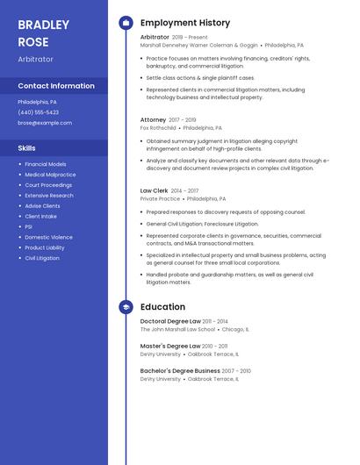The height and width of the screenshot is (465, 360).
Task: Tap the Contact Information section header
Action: pyautogui.click(x=56, y=86)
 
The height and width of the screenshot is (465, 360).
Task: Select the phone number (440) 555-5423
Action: pyautogui.click(x=39, y=112)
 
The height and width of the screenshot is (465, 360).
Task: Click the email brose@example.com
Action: pyautogui.click(x=45, y=123)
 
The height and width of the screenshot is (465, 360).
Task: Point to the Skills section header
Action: pyautogui.click(x=26, y=148)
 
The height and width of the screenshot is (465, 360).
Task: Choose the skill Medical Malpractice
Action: pyautogui.click(x=50, y=175)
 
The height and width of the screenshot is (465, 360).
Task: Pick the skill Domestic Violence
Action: pyautogui.click(x=49, y=237)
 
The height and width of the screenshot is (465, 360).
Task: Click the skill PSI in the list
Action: pyautogui.click(x=29, y=226)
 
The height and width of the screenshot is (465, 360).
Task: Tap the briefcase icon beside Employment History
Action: pyautogui.click(x=126, y=23)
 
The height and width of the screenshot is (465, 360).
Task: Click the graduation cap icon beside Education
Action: pyautogui.click(x=126, y=307)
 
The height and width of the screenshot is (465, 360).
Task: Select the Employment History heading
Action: pyautogui.click(x=185, y=23)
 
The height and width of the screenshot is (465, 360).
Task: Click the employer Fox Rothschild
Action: pyautogui.click(x=158, y=128)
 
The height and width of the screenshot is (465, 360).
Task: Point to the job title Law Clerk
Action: pyautogui.click(x=155, y=190)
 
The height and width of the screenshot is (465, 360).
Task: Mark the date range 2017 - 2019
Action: pyautogui.click(x=182, y=119)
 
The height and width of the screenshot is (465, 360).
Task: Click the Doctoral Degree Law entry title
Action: pyautogui.click(x=170, y=322)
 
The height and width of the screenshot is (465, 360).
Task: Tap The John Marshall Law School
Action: pyautogui.click(x=177, y=330)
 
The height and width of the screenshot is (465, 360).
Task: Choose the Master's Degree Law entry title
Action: pyautogui.click(x=170, y=347)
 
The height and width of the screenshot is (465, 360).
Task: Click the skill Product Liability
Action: pyautogui.click(x=45, y=247)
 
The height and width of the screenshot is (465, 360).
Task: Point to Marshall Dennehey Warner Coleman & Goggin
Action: pyautogui.click(x=199, y=45)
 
